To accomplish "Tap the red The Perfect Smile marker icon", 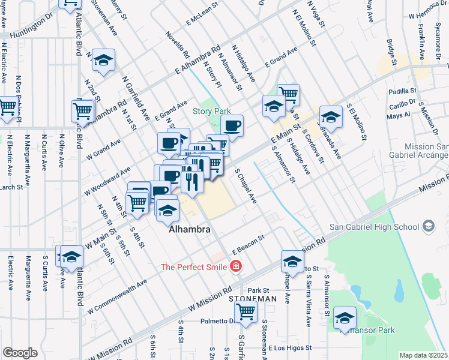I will tap(236, 266).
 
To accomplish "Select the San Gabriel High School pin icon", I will tap(428, 226).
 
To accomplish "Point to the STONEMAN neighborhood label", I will tap(252, 298).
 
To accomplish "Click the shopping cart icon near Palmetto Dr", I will tap(246, 311).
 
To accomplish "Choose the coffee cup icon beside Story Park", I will tap(232, 125).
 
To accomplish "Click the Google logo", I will tap(20, 353).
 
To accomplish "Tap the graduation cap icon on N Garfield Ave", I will tap(104, 60).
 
